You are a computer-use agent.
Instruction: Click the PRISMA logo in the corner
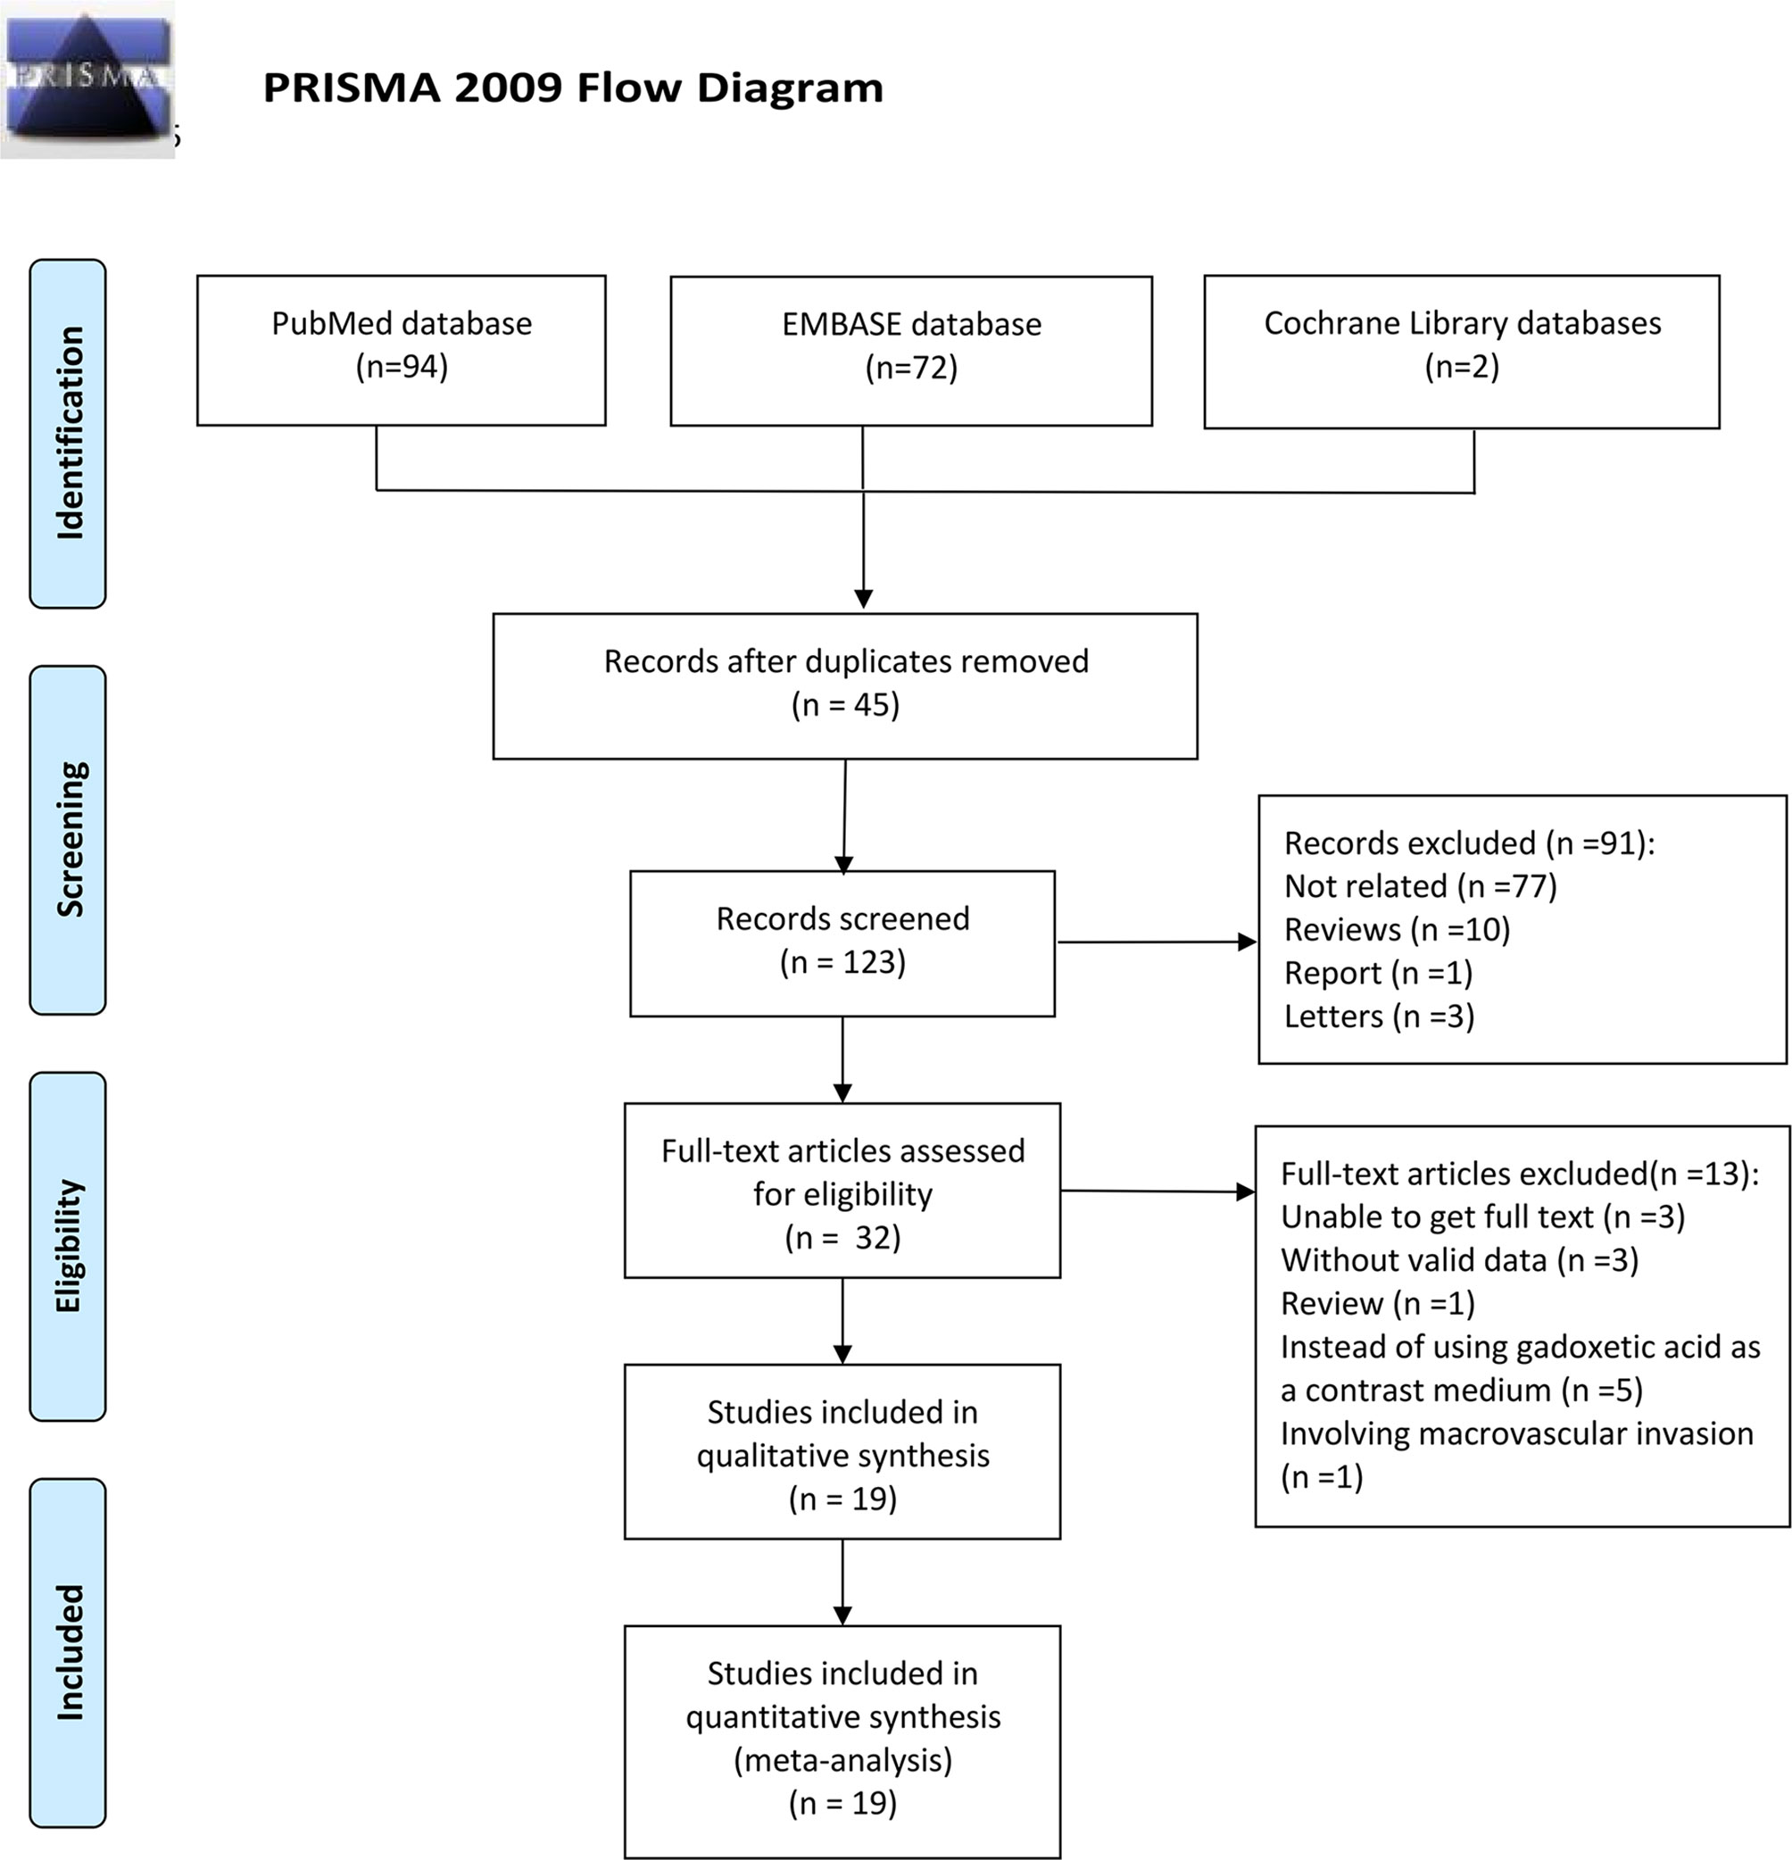coord(87,79)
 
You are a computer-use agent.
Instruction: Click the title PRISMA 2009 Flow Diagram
coord(573,87)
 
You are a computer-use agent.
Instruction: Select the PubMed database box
coord(402,350)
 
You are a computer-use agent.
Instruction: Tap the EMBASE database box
coord(910,351)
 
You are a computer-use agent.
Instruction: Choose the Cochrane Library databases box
coord(1462,351)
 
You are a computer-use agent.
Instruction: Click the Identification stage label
coord(69,434)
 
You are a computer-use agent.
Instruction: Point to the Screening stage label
coord(69,840)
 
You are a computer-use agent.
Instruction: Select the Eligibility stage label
coord(69,1246)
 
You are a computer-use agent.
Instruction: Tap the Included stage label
coord(69,1652)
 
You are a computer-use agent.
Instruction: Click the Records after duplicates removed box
coord(845,686)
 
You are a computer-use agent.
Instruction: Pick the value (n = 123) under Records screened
coord(842,962)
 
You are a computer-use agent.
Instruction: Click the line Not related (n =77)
coord(1420,886)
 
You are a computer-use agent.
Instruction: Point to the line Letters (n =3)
coord(1380,1017)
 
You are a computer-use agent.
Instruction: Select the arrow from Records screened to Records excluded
coord(1157,942)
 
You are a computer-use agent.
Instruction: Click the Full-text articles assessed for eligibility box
coord(842,1190)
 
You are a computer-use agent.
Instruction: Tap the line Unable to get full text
coord(1482,1216)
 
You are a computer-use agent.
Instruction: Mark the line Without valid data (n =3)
coord(1460,1260)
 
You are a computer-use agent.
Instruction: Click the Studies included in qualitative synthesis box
coord(842,1452)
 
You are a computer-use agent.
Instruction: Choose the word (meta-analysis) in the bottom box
coord(842,1760)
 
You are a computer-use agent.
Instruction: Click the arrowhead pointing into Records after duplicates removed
coord(863,600)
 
